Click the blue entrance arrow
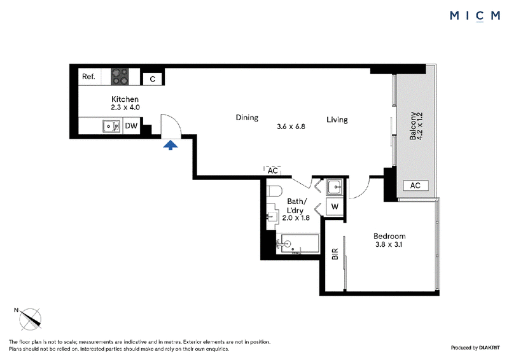(x=171, y=145)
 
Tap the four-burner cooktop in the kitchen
(x=120, y=76)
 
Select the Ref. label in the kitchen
(x=88, y=76)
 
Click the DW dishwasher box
(x=132, y=126)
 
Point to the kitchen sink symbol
(x=111, y=126)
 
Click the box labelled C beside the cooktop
(x=153, y=79)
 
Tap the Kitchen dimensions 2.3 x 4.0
(x=125, y=107)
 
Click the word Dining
(x=247, y=118)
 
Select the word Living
(x=337, y=120)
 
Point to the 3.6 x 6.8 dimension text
(x=291, y=127)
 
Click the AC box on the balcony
(x=415, y=185)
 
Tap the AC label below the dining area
(x=273, y=170)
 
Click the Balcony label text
(x=412, y=126)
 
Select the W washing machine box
(x=335, y=207)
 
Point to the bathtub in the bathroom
(x=298, y=244)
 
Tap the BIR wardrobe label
(x=335, y=254)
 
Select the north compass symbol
(x=30, y=319)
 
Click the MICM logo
(x=475, y=15)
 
